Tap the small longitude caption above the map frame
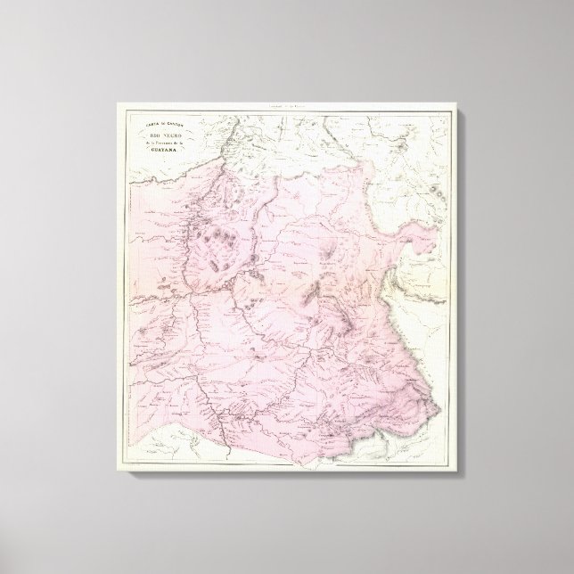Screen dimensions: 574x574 click(287, 109)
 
